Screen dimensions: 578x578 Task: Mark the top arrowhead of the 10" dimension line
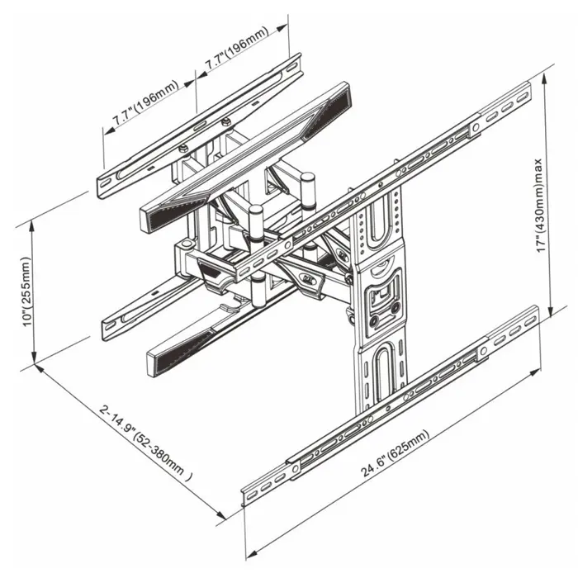34,224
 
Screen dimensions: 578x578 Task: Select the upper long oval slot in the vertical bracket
374,225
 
